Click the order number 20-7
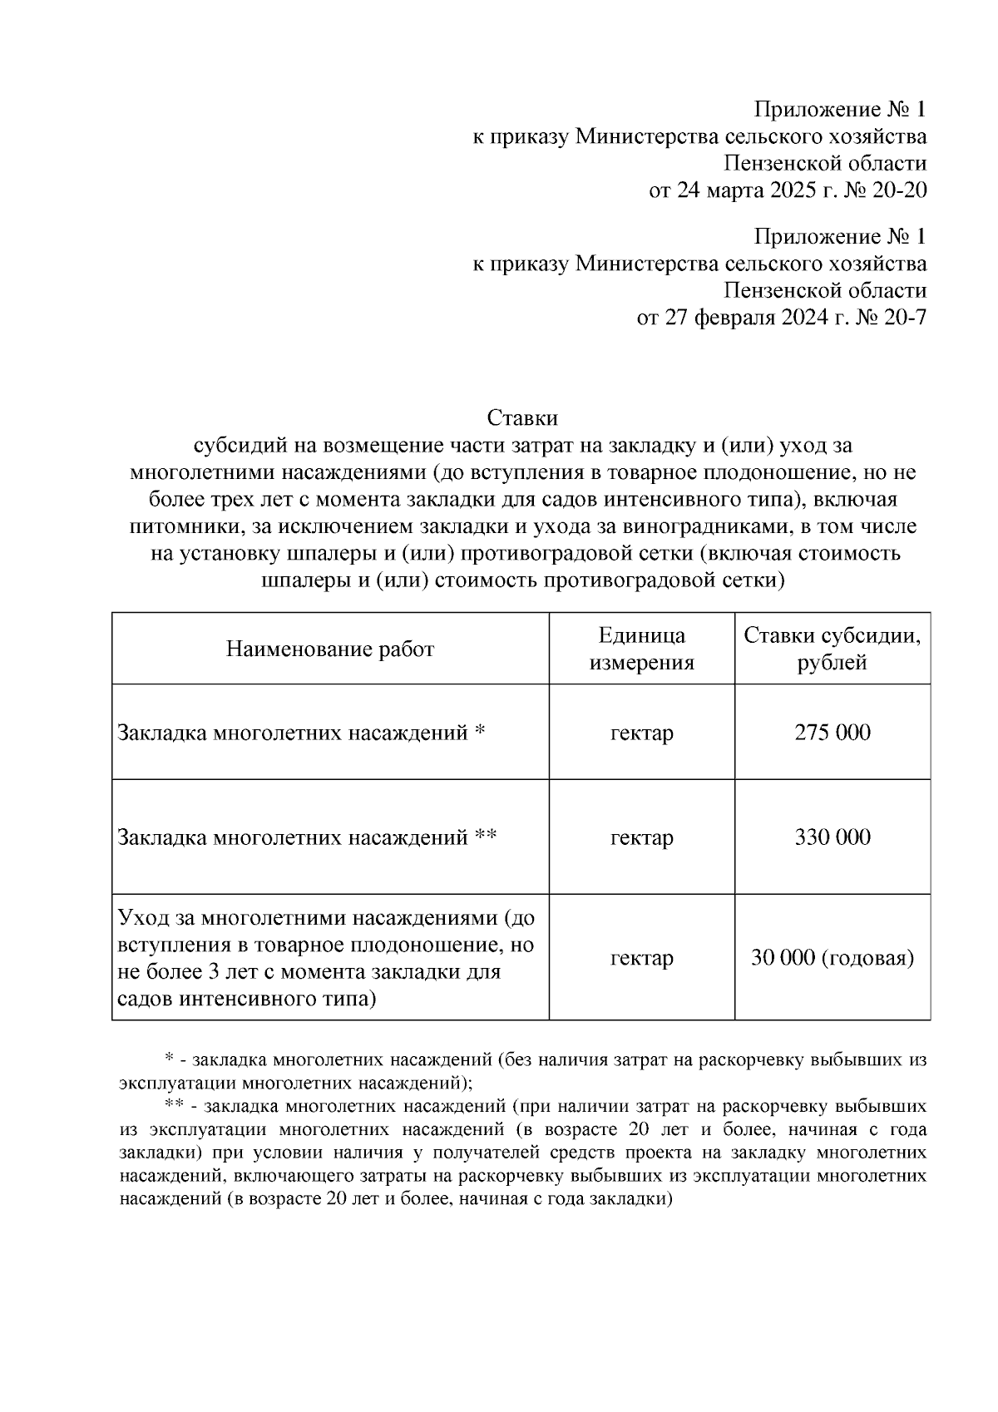(x=905, y=318)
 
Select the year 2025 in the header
(x=793, y=190)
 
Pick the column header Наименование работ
(x=330, y=649)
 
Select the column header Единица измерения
(x=641, y=649)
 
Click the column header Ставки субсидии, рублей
(x=832, y=649)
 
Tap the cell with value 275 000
(x=832, y=733)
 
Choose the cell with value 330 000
(x=832, y=837)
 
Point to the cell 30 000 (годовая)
(x=832, y=958)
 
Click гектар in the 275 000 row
(x=641, y=733)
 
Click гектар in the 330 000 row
(x=641, y=837)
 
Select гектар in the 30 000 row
(x=641, y=958)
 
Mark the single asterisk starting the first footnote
(x=169, y=1059)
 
